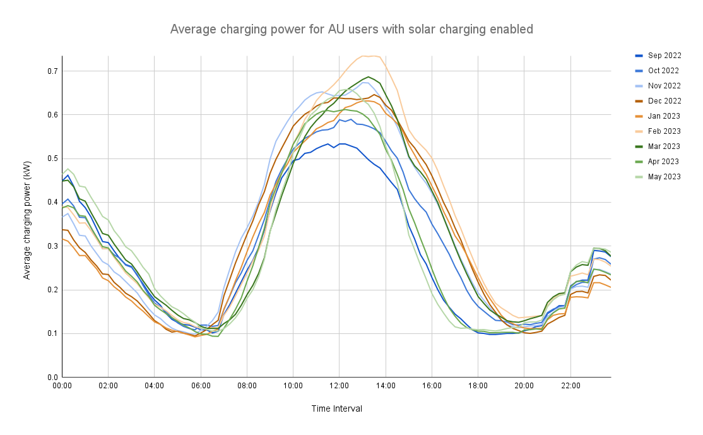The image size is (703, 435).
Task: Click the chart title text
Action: [351, 29]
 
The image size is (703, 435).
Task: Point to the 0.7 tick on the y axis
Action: [52, 71]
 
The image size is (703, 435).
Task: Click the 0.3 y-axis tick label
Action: [52, 246]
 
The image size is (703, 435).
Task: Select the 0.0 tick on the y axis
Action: [52, 378]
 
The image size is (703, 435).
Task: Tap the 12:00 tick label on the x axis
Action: [339, 384]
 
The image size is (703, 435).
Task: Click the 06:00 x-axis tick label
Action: [200, 384]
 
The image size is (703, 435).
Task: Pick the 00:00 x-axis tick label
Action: [62, 384]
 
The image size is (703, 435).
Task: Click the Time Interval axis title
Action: [336, 409]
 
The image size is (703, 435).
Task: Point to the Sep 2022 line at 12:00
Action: [339, 144]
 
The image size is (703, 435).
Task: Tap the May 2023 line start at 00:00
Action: [62, 174]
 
